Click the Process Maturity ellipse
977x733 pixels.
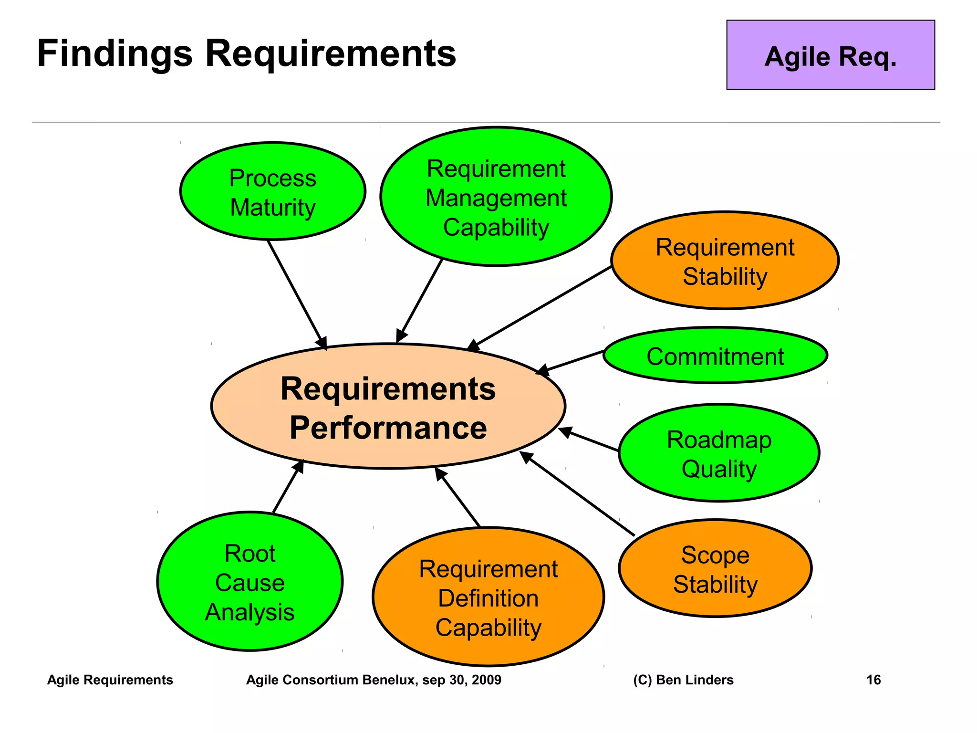[272, 191]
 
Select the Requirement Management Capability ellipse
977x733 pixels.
[496, 197]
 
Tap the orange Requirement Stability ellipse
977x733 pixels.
[724, 261]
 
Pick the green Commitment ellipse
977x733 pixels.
[715, 356]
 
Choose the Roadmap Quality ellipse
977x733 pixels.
[718, 453]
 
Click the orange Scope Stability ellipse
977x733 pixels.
[715, 568]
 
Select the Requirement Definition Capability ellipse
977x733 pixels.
[488, 597]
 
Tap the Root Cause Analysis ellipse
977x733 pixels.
[249, 582]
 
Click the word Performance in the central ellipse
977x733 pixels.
[388, 427]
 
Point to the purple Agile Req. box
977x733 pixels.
[830, 55]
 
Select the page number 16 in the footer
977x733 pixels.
[873, 680]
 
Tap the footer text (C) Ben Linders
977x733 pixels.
[683, 680]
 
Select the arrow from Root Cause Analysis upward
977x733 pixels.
[288, 487]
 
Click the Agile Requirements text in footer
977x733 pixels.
[110, 680]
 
